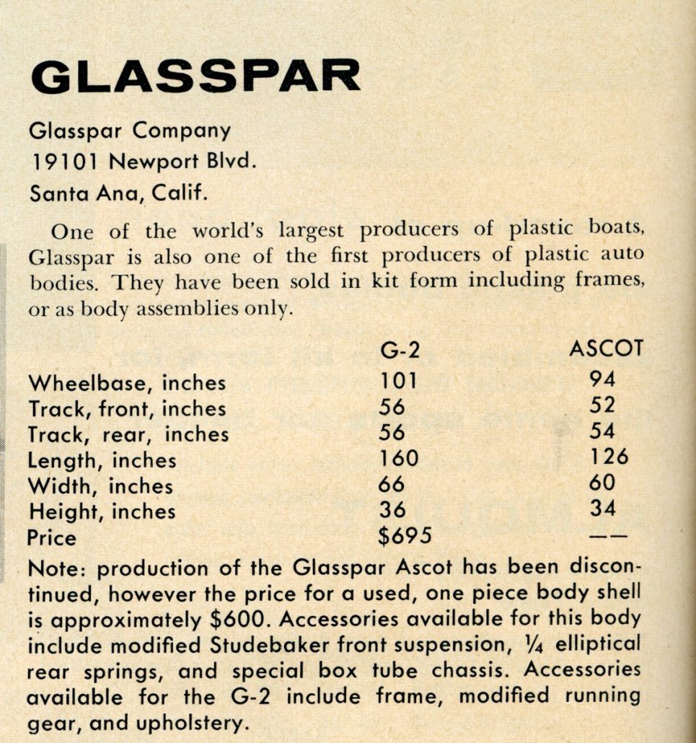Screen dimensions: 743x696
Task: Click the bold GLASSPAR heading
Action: coord(195,76)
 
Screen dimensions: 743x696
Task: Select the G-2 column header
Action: coord(400,351)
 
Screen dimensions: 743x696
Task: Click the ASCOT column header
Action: coord(605,349)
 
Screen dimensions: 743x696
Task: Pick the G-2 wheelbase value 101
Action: coord(398,379)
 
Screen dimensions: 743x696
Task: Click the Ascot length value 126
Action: coord(608,457)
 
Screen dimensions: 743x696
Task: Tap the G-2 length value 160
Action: coord(399,457)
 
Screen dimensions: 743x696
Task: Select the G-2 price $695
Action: coord(405,537)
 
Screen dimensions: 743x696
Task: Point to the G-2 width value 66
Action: coord(392,483)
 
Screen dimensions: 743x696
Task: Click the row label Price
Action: coord(51,538)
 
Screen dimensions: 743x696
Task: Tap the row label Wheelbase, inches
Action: coord(127,382)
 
